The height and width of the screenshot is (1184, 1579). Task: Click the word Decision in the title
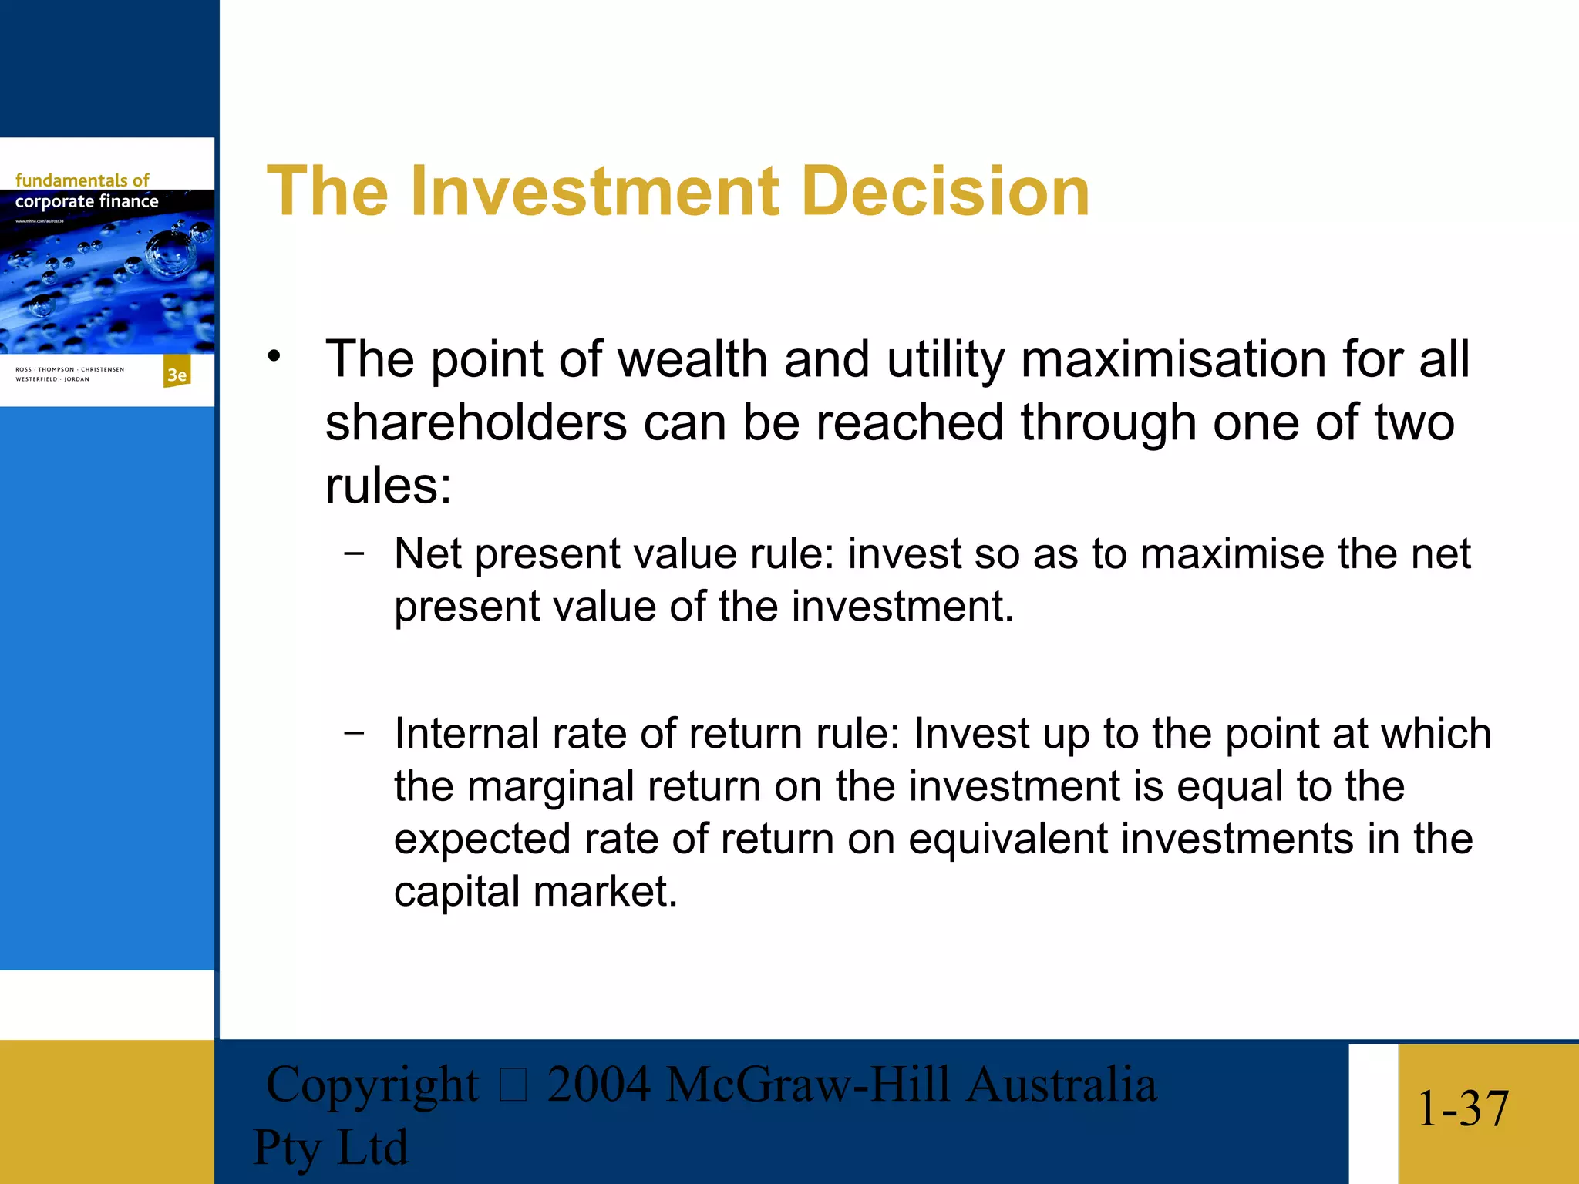pos(945,191)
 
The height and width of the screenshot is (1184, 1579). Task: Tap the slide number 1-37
pos(1463,1109)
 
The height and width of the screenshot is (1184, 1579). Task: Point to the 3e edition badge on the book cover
pos(177,374)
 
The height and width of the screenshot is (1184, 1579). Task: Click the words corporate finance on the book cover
pos(86,201)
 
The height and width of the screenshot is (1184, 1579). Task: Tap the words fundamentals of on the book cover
pos(82,180)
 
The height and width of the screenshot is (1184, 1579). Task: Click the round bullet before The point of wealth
pos(274,357)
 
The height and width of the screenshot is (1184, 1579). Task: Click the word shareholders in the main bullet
pos(476,423)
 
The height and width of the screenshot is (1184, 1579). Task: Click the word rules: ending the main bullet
pos(388,486)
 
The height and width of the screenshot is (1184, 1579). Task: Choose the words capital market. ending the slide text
pos(535,892)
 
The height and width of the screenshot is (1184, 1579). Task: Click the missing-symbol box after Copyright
pos(513,1086)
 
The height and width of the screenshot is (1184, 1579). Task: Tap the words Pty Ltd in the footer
pos(330,1147)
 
